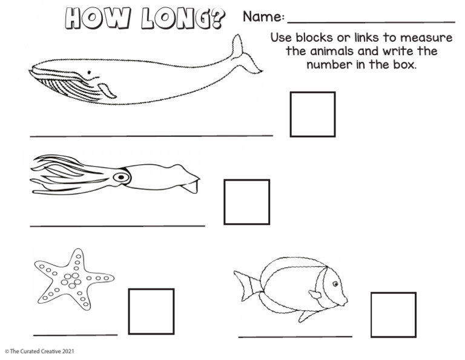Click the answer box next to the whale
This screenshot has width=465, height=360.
312,114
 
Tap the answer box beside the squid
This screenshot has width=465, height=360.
246,202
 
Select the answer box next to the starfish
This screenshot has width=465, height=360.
151,311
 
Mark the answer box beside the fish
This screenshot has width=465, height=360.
393,315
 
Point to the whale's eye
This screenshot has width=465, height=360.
90,73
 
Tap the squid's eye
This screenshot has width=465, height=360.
122,178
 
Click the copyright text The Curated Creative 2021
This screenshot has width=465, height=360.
39,351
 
